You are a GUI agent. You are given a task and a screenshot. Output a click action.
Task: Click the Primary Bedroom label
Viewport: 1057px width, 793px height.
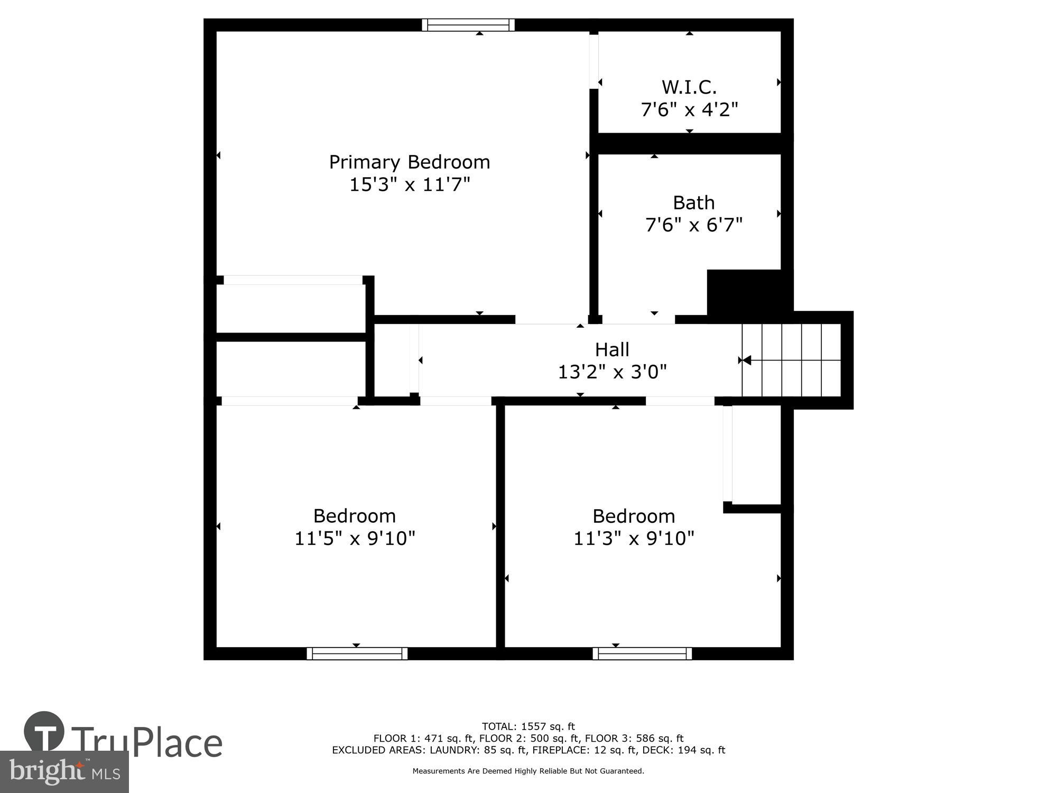(x=410, y=162)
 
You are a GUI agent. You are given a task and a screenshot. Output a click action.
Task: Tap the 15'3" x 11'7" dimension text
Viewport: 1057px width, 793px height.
(x=410, y=185)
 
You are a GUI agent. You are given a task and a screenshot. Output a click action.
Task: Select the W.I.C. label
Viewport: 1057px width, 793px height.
(x=689, y=87)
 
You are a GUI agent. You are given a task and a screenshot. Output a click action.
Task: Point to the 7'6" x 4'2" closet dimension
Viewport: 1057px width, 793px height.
(x=689, y=110)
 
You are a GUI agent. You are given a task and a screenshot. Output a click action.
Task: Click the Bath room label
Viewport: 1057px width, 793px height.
(x=693, y=202)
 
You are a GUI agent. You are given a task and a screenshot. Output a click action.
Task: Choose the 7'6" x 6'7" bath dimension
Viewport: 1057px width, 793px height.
(x=693, y=225)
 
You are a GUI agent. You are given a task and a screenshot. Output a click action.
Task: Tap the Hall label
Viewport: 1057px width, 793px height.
(x=612, y=349)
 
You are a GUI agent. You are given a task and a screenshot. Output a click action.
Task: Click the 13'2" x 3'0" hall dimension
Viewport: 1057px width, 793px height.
(x=612, y=372)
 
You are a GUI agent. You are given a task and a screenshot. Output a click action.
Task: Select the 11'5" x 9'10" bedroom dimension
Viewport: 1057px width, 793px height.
(x=355, y=539)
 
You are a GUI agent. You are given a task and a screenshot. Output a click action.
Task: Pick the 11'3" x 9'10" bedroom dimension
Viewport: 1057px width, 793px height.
(x=634, y=539)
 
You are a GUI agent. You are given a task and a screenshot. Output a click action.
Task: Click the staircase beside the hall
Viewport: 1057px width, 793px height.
(x=791, y=360)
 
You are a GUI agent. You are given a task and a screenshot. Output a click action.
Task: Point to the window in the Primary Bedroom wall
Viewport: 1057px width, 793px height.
(x=468, y=25)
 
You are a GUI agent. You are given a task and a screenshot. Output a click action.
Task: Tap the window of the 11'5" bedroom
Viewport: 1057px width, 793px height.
(x=357, y=653)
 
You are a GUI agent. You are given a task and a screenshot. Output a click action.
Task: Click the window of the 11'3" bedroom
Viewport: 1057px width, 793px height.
(x=642, y=653)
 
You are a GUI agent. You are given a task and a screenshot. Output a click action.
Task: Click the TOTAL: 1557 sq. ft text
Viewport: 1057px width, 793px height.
(x=528, y=726)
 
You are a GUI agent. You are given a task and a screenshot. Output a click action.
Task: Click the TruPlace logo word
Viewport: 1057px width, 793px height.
(x=146, y=742)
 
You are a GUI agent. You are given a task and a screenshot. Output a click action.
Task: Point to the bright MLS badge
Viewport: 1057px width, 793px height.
(x=64, y=772)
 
